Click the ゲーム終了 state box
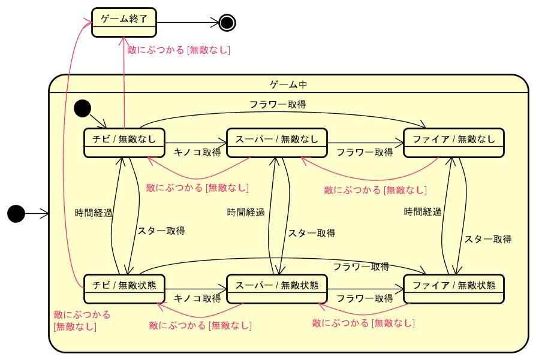click(124, 22)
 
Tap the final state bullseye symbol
click(227, 23)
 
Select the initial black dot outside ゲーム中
click(16, 213)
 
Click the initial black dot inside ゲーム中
click(82, 108)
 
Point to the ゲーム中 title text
click(288, 84)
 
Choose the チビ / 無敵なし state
click(124, 143)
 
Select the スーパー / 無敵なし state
click(276, 143)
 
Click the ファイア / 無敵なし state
click(454, 143)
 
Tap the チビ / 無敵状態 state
click(124, 288)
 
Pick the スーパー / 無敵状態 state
click(276, 288)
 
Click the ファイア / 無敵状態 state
click(454, 288)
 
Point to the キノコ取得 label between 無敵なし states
click(197, 152)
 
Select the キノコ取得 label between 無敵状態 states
click(197, 298)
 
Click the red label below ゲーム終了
click(179, 51)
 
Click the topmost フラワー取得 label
click(278, 104)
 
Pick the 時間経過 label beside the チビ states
click(94, 212)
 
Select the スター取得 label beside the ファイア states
click(488, 238)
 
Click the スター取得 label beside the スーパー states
click(311, 233)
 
